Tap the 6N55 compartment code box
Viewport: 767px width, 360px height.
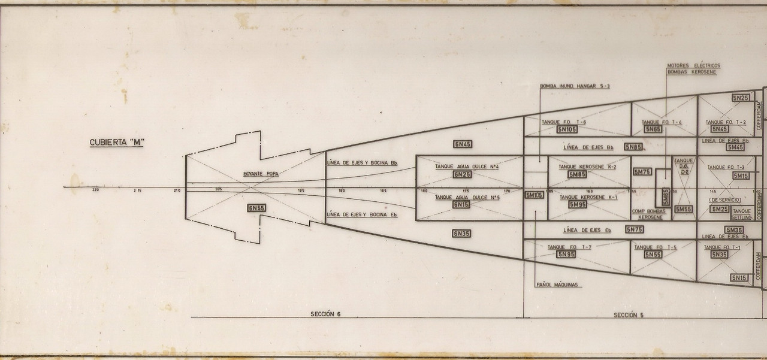pyautogui.click(x=256, y=208)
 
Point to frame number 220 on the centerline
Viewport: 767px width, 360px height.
pyautogui.click(x=95, y=190)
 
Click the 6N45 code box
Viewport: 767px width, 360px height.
pyautogui.click(x=463, y=144)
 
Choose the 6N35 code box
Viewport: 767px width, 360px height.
pyautogui.click(x=462, y=234)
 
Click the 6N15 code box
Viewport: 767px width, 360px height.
pyautogui.click(x=461, y=205)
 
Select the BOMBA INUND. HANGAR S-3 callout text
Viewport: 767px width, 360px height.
pyautogui.click(x=575, y=86)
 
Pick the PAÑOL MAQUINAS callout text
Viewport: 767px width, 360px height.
pyautogui.click(x=557, y=285)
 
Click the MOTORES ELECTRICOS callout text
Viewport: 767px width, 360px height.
pyautogui.click(x=693, y=65)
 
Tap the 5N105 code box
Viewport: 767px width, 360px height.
pyautogui.click(x=567, y=129)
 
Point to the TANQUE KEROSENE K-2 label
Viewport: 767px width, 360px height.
pyautogui.click(x=587, y=167)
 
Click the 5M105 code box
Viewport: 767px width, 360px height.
pyautogui.click(x=534, y=195)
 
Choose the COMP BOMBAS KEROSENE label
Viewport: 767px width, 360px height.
pyautogui.click(x=650, y=214)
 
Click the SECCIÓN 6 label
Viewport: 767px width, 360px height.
pyautogui.click(x=325, y=314)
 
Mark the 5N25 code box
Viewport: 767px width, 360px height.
pyautogui.click(x=741, y=98)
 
